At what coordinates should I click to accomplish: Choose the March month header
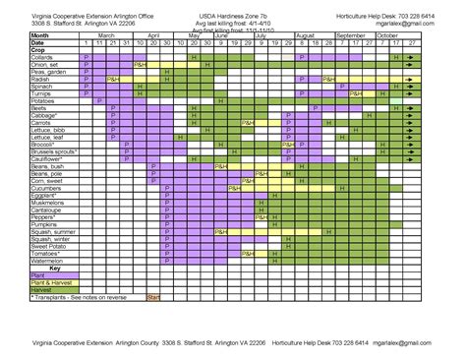click(105, 34)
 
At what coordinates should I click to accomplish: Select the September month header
click(350, 34)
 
